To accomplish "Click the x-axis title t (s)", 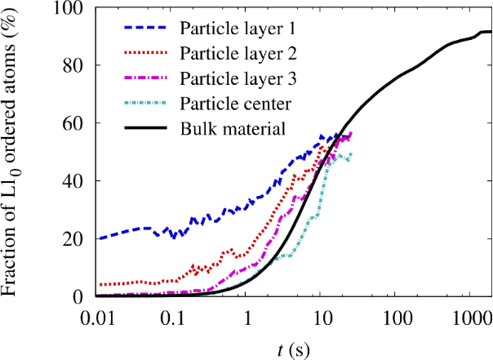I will click(x=291, y=349).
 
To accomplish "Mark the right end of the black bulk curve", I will click(x=491, y=32).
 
